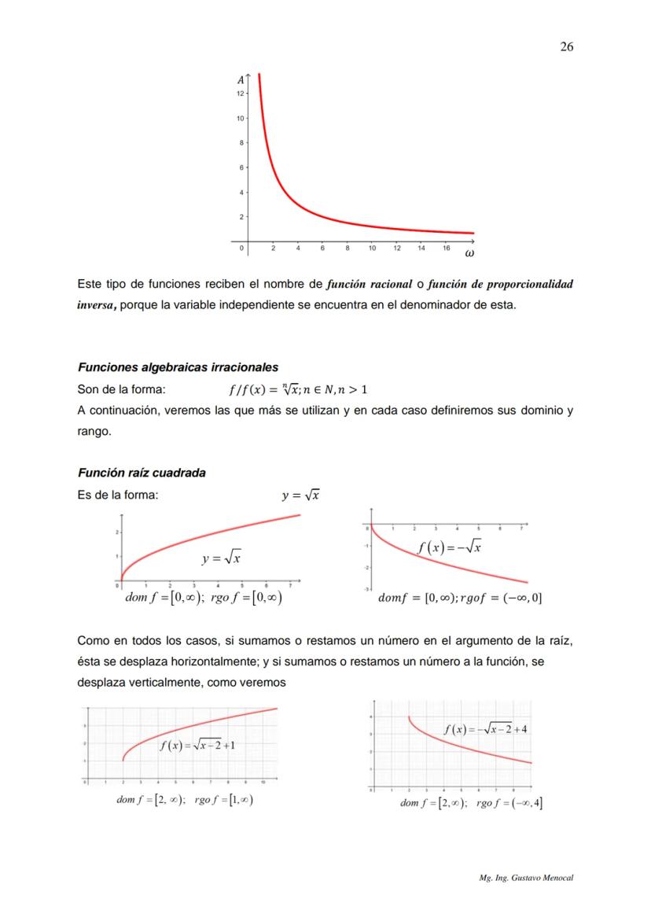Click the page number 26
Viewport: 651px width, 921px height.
pyautogui.click(x=566, y=46)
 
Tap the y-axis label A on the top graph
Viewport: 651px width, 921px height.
pyautogui.click(x=239, y=79)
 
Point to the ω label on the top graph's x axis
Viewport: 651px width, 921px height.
pyautogui.click(x=469, y=253)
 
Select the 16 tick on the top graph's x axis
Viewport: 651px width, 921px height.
pyautogui.click(x=446, y=248)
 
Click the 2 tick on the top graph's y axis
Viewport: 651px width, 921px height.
pyautogui.click(x=239, y=216)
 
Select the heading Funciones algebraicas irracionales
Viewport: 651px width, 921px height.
pyautogui.click(x=177, y=367)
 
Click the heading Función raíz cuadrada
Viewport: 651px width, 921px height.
pyautogui.click(x=142, y=473)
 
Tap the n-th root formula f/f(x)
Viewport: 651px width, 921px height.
pyautogui.click(x=298, y=389)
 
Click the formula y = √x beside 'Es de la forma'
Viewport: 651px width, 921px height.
pyautogui.click(x=300, y=495)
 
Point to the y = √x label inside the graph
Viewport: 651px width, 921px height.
pyautogui.click(x=221, y=558)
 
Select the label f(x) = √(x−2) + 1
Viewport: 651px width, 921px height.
pyautogui.click(x=197, y=746)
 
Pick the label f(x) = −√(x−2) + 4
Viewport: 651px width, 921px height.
pyautogui.click(x=485, y=728)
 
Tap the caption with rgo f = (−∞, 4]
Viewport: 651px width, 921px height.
pyautogui.click(x=472, y=802)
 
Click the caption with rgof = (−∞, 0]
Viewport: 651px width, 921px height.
pyautogui.click(x=460, y=598)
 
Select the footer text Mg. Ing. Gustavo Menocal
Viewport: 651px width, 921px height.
pyautogui.click(x=526, y=876)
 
